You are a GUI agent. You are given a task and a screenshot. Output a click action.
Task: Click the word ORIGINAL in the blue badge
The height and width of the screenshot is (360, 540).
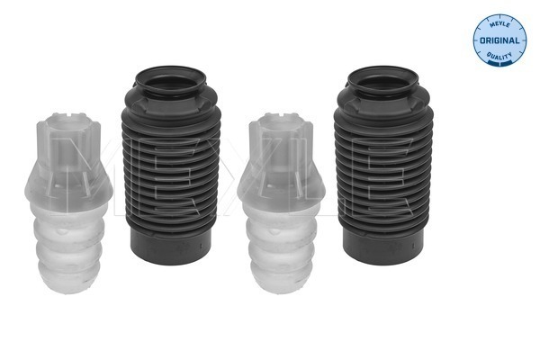[499, 40]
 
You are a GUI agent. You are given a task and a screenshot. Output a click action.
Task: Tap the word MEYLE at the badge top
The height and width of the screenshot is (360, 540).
[499, 25]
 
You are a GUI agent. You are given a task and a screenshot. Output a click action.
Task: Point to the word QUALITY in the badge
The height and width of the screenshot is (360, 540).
[499, 56]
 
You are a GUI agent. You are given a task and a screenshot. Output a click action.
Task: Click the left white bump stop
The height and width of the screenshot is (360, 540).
[68, 202]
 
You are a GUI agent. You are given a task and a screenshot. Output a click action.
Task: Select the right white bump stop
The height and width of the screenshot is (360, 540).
[281, 202]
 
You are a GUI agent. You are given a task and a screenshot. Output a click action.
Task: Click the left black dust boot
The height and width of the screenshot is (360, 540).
[171, 165]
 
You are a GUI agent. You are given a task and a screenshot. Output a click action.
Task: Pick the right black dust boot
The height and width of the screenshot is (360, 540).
[383, 165]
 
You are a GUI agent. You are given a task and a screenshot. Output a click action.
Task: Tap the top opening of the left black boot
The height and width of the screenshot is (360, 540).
[170, 81]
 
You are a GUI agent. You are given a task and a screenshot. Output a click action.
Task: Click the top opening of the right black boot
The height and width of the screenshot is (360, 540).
[383, 81]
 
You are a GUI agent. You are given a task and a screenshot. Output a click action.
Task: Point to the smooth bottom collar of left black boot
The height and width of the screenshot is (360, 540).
[171, 247]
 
